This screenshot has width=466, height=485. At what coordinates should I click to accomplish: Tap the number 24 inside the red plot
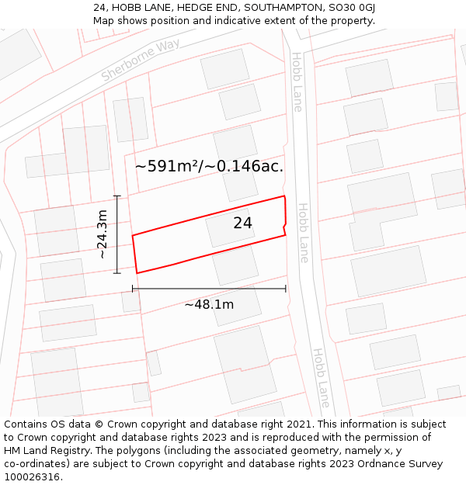pyautogui.click(x=242, y=223)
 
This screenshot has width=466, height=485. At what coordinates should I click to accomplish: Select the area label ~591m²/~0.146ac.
pyautogui.click(x=209, y=165)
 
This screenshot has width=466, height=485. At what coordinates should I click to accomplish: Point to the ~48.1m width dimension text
pyautogui.click(x=209, y=304)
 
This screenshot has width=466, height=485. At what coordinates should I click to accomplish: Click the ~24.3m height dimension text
pyautogui.click(x=102, y=234)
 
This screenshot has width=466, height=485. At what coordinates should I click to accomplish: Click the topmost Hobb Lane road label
pyautogui.click(x=297, y=82)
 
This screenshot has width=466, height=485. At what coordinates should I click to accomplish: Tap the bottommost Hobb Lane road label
pyautogui.click(x=321, y=378)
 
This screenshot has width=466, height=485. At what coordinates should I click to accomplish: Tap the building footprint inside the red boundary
pyautogui.click(x=230, y=228)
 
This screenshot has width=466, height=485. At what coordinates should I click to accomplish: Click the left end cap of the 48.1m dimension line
pyautogui.click(x=133, y=289)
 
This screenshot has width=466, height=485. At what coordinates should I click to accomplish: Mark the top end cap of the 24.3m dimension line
pyautogui.click(x=117, y=196)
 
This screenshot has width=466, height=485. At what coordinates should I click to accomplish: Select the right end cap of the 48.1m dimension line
pyautogui.click(x=286, y=289)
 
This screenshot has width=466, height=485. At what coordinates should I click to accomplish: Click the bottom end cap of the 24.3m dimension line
pyautogui.click(x=117, y=273)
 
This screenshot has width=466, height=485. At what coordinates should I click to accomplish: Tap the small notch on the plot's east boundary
pyautogui.click(x=286, y=225)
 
